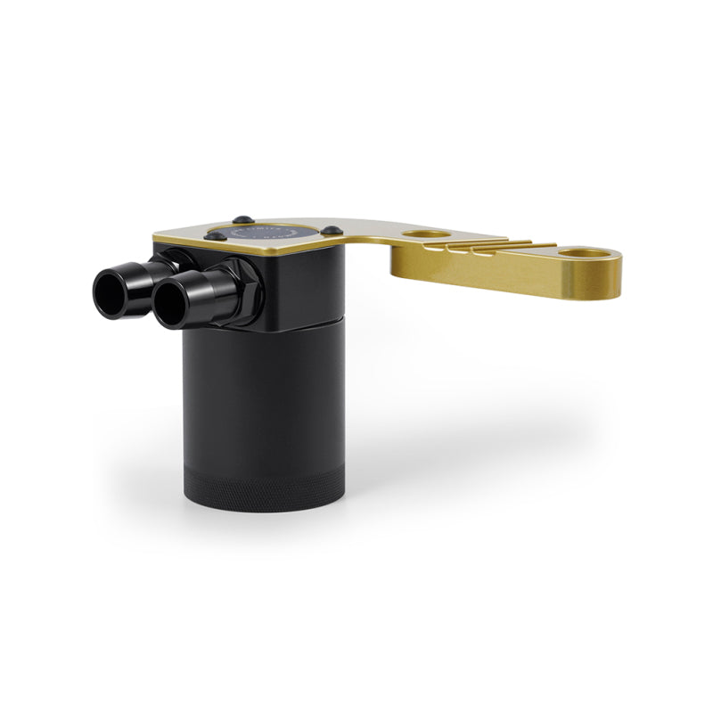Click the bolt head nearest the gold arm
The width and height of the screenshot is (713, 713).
(332, 231)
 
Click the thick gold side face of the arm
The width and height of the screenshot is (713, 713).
(499, 272)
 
